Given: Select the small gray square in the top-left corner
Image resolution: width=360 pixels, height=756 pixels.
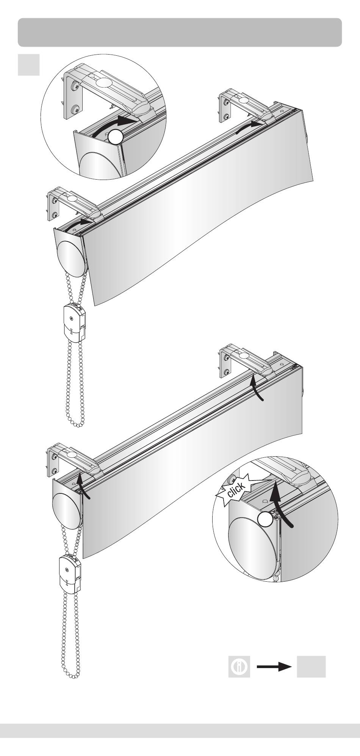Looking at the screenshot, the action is (29, 64).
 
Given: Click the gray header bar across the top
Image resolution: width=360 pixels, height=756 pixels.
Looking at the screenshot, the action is (180, 32).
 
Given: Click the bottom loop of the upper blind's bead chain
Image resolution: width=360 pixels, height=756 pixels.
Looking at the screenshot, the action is (79, 422).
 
